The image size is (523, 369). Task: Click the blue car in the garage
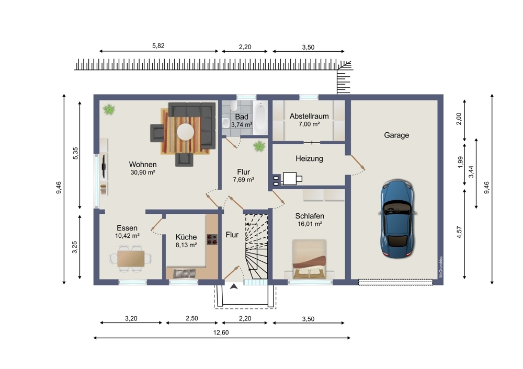click(397, 219)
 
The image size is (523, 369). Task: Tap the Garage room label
click(396, 135)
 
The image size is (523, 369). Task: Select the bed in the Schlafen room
click(309, 259)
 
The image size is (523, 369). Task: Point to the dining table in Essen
click(131, 259)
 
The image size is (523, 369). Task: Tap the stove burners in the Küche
click(212, 239)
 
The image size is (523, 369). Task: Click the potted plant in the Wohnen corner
click(109, 109)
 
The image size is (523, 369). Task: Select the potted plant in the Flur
click(259, 146)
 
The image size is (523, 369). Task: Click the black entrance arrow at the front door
click(234, 286)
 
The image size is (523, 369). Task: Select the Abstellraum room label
click(309, 116)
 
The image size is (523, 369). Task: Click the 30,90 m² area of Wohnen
click(143, 172)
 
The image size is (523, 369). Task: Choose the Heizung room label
click(309, 158)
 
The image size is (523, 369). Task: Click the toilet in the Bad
click(233, 106)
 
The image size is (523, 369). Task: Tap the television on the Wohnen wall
click(104, 166)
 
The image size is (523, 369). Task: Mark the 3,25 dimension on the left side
click(75, 247)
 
